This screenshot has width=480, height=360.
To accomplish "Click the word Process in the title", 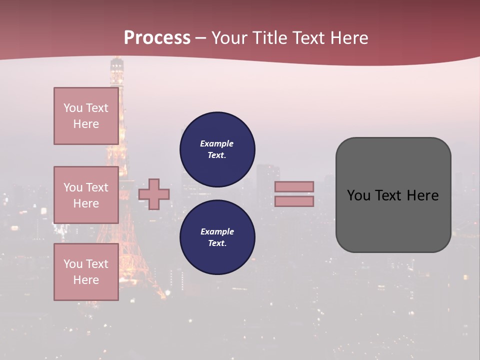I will tap(157, 37).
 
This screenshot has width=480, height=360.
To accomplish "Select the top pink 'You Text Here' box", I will tap(86, 116).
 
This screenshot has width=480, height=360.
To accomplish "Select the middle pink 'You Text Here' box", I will tap(86, 195).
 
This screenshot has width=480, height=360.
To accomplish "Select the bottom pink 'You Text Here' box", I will tap(86, 271).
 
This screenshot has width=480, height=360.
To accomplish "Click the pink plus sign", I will tap(154, 194).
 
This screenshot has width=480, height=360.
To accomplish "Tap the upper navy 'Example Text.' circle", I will tap(217, 149).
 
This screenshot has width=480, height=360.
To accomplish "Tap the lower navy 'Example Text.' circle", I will tap(217, 237).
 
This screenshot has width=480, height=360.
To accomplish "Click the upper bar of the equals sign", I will tap(294, 187).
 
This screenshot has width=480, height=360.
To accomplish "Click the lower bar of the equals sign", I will tap(294, 201).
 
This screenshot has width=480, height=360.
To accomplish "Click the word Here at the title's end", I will tap(350, 38).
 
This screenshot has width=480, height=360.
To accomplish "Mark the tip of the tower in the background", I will tap(116, 58).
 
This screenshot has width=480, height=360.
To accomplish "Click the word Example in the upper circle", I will tap(216, 143).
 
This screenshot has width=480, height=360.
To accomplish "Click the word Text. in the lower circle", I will tap(217, 243).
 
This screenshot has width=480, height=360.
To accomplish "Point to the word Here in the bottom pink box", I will tap(86, 280).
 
